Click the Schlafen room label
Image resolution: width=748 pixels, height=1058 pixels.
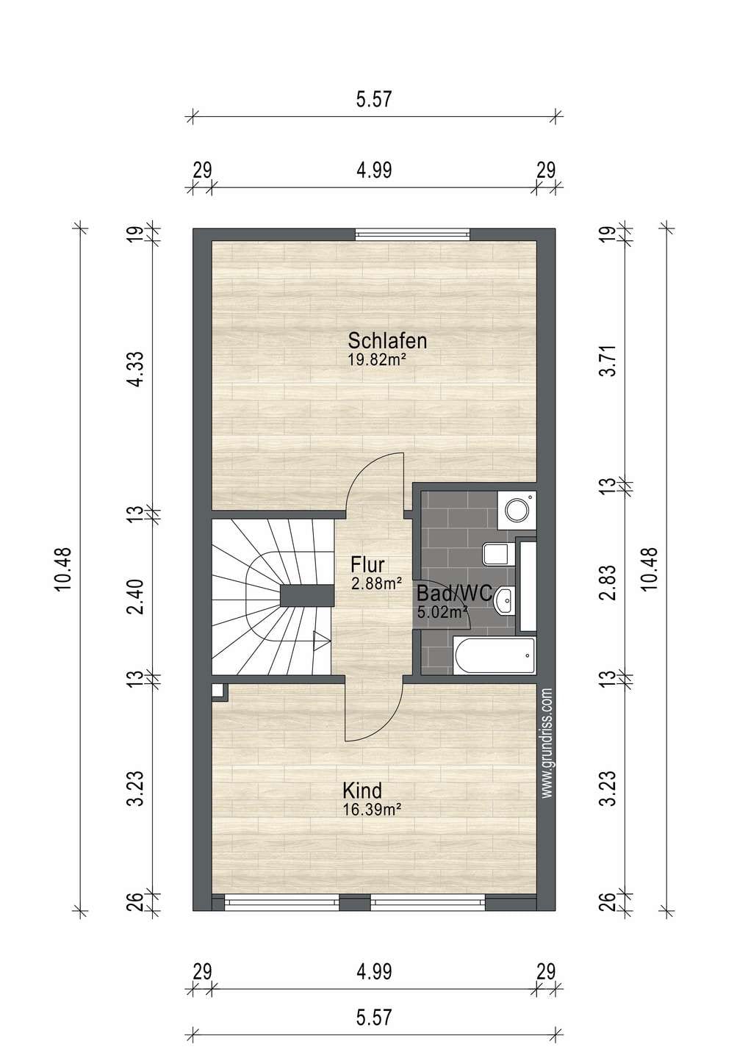(387, 341)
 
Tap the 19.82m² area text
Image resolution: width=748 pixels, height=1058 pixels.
(377, 359)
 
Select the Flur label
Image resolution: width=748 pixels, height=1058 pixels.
(367, 565)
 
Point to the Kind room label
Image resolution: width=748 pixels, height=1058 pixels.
(362, 791)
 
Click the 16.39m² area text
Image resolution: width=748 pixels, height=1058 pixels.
(372, 810)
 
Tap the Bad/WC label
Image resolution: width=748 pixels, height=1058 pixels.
(454, 593)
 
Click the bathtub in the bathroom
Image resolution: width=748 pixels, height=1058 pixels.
(494, 655)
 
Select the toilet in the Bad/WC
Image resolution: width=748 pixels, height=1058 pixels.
(498, 554)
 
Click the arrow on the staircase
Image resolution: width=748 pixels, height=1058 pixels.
(322, 641)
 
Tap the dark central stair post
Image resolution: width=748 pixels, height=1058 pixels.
(307, 596)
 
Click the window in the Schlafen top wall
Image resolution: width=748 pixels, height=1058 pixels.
(413, 234)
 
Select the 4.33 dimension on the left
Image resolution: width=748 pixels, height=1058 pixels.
(136, 369)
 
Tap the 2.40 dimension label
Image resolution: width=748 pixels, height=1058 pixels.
(136, 597)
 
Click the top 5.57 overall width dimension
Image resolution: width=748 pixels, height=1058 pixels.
(374, 100)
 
